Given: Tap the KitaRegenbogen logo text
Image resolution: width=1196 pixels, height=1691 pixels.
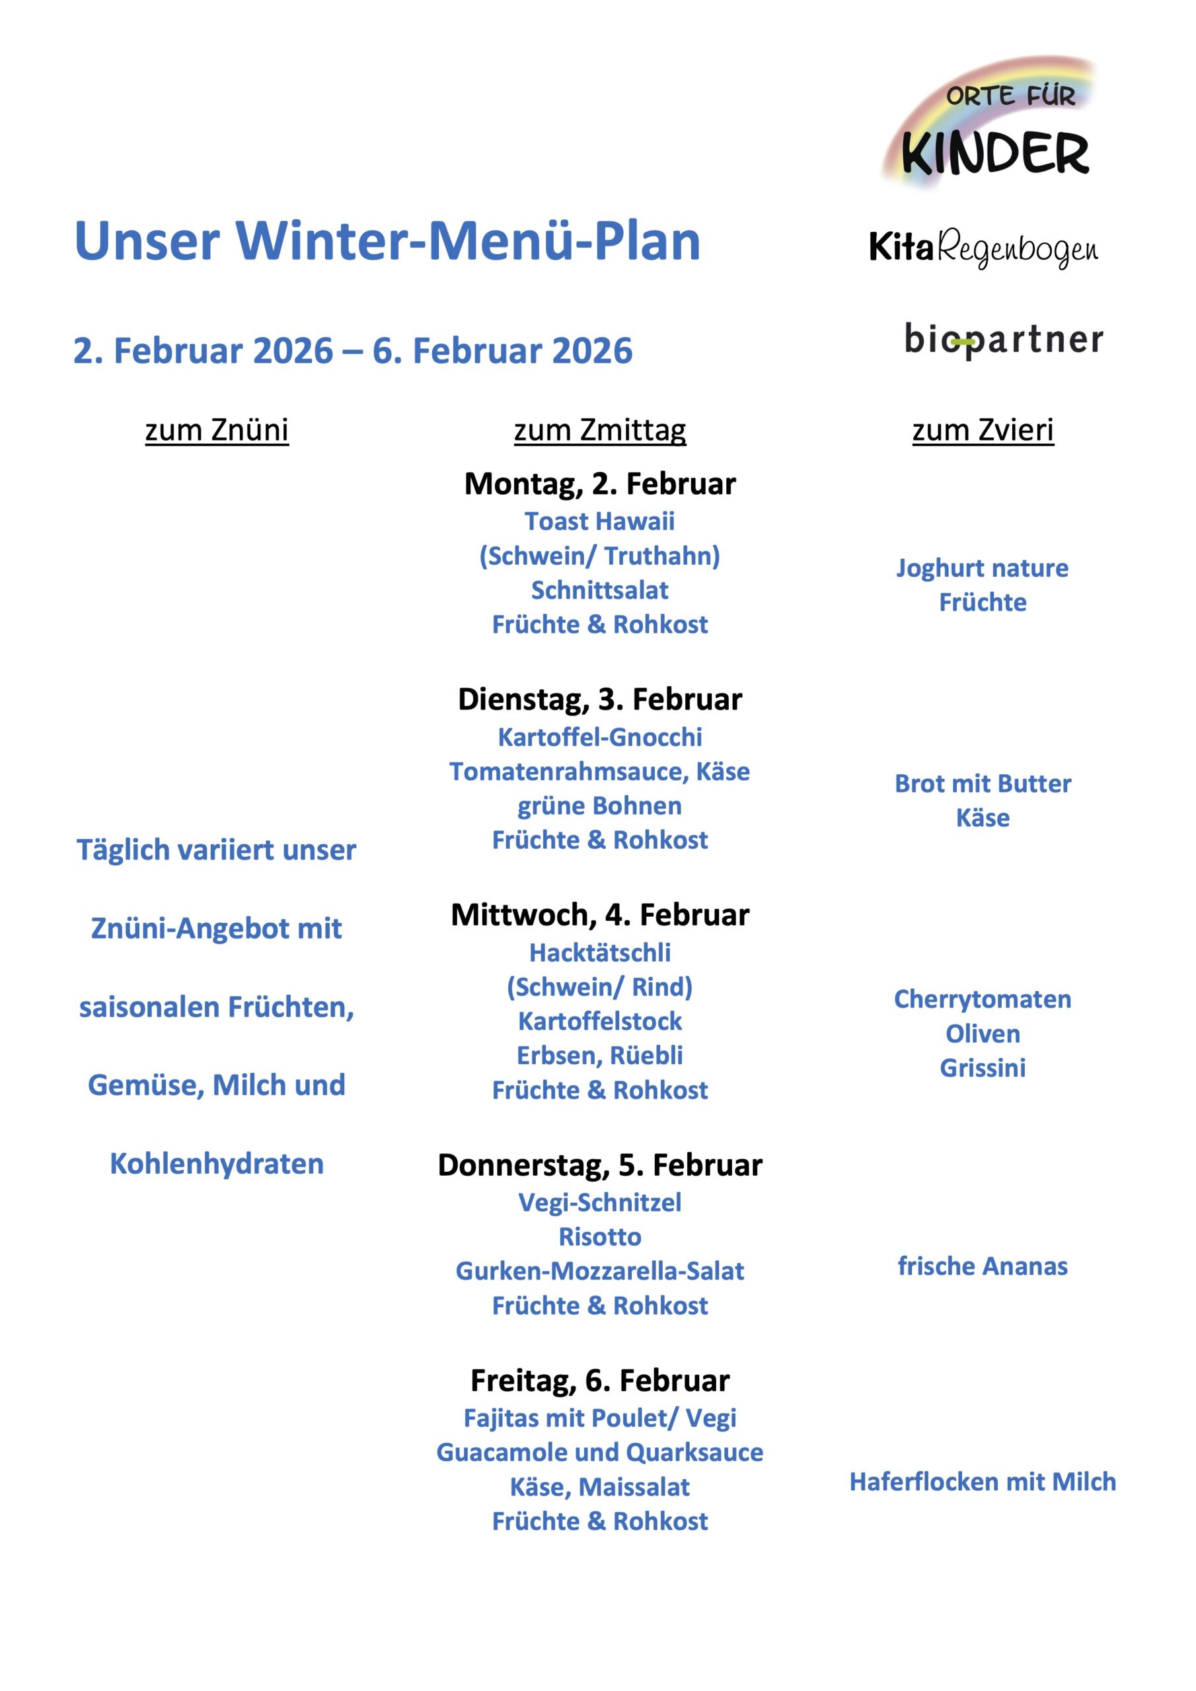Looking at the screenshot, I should [983, 248].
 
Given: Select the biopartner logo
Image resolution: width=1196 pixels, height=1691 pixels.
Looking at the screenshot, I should [1004, 340].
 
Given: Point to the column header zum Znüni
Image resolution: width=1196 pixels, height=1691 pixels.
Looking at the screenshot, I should [217, 429].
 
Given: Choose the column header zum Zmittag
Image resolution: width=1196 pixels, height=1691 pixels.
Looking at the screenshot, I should [600, 429].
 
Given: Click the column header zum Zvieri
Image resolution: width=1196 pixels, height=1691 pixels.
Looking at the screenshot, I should [983, 429].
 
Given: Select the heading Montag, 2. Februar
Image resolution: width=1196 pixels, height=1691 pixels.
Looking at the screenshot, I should [600, 484].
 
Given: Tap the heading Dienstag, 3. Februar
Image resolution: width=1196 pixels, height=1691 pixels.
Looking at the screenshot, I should [600, 699].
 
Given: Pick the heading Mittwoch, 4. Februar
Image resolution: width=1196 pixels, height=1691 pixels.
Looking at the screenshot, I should [600, 915].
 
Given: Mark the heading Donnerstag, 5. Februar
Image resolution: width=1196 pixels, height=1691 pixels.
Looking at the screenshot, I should [600, 1165].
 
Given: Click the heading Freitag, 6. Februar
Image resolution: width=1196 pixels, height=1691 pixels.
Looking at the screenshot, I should [600, 1380].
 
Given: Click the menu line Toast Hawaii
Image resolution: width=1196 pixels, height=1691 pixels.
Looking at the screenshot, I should [600, 521].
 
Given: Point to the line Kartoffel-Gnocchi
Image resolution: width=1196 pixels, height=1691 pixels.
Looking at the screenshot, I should [600, 737].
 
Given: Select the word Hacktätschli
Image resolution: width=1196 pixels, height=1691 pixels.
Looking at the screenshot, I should [600, 953].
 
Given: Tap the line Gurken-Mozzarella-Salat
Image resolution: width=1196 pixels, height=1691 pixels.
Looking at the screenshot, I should [600, 1271].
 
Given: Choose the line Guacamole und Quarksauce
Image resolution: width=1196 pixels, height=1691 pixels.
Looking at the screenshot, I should [600, 1453].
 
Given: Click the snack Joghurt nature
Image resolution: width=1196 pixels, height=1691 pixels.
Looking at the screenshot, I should [983, 568].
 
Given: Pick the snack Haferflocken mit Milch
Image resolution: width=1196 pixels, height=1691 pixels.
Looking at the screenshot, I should [983, 1482].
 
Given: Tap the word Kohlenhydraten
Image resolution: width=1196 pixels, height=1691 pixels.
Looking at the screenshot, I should [217, 1164].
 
